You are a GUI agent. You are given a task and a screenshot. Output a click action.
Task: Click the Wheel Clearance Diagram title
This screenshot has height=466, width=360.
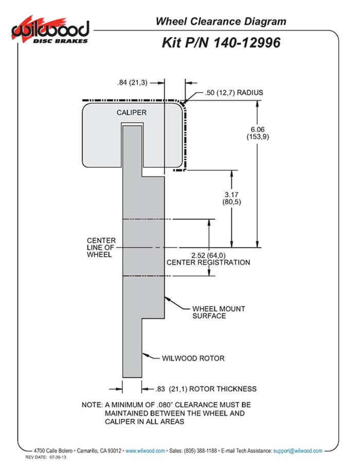(x=221, y=21)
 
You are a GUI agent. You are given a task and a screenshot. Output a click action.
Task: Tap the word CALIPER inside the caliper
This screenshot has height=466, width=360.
(x=132, y=112)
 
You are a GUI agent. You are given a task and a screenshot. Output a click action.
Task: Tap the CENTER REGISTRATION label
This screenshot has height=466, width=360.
(x=208, y=262)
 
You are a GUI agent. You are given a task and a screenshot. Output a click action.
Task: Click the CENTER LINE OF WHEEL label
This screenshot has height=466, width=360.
(x=101, y=247)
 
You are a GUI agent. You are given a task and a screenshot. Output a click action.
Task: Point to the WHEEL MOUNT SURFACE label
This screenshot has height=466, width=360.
(x=219, y=312)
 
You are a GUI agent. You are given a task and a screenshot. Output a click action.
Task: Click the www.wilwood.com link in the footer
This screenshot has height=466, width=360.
(x=145, y=451)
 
